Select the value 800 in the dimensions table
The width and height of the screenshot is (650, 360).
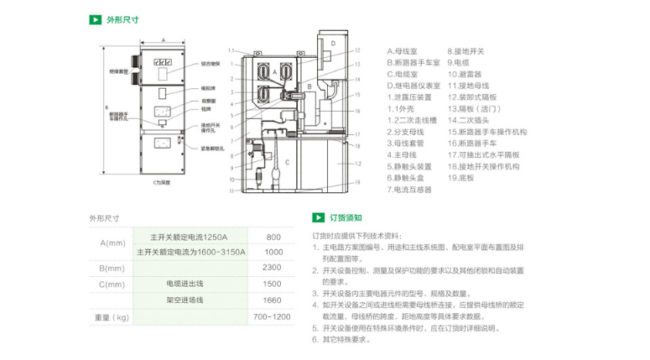[x=273, y=237]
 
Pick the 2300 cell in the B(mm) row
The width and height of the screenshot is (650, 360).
[x=272, y=268]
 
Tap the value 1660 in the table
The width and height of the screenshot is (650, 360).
[x=272, y=300]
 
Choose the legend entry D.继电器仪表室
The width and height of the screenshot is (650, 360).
[x=414, y=86]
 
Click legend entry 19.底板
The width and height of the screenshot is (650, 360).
[x=461, y=178]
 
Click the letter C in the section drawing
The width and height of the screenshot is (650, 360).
[x=287, y=160]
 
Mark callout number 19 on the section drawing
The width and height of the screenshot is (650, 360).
[x=356, y=182]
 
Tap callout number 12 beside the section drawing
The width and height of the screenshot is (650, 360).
[x=356, y=50]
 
